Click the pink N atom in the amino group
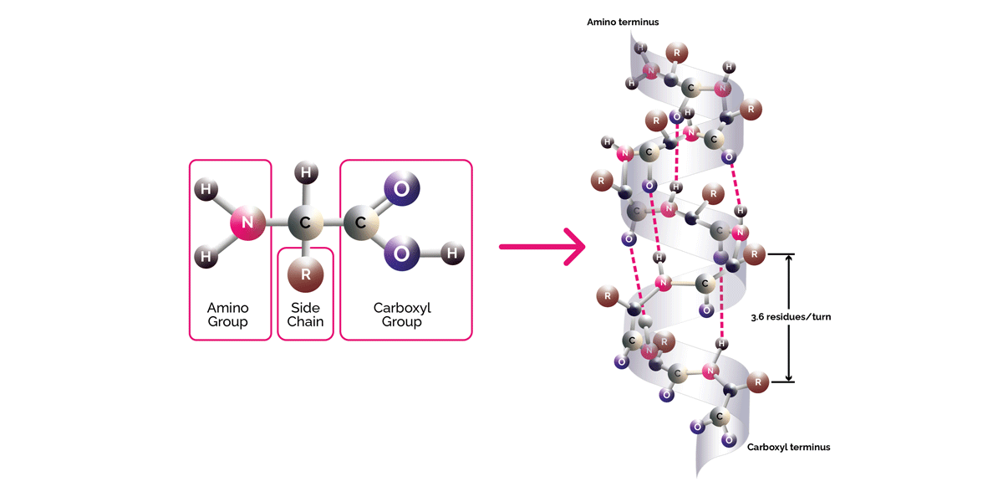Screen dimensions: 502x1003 (246, 223)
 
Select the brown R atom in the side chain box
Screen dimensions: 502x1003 (305, 274)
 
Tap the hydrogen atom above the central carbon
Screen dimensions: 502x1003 (306, 173)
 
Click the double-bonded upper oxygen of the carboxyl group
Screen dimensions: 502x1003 (401, 188)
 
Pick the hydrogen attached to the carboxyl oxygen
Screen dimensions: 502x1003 (452, 252)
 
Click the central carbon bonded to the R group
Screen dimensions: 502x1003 (305, 223)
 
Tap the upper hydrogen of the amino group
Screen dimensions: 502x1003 (204, 189)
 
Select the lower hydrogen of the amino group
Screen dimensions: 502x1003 (204, 257)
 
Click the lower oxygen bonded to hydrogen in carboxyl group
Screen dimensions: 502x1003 (401, 253)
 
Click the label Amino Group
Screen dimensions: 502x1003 (228, 315)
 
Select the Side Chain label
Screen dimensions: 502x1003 (306, 315)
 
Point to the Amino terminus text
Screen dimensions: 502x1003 (623, 22)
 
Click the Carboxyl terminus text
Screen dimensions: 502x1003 (789, 447)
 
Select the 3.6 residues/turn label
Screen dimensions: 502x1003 (792, 317)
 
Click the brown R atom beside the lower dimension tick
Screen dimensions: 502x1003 (757, 383)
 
